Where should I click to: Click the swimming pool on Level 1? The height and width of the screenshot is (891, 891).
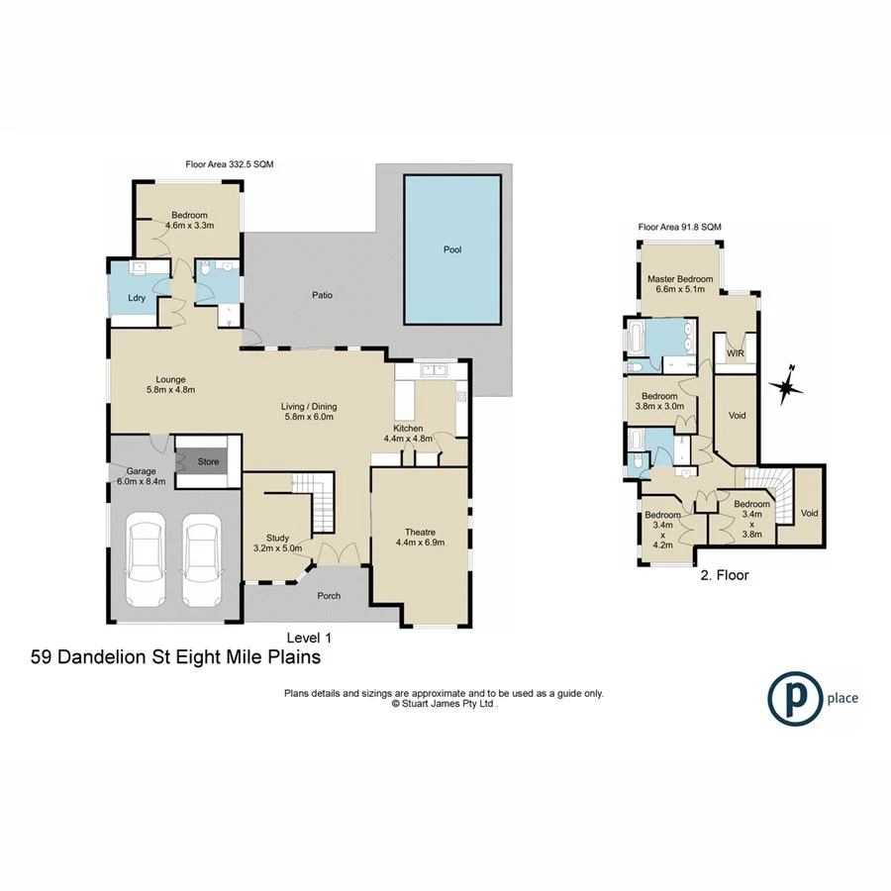click(x=453, y=249)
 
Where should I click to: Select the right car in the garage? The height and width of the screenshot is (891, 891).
click(x=200, y=561)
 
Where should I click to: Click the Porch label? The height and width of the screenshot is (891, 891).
click(x=328, y=596)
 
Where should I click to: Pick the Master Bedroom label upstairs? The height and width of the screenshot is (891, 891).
click(x=680, y=285)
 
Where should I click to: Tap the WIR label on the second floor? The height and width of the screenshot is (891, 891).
click(x=736, y=352)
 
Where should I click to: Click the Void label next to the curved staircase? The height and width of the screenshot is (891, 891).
click(x=809, y=513)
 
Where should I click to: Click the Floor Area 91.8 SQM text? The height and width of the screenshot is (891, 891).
click(x=679, y=227)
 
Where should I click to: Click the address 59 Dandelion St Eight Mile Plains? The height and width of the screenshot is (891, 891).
click(x=176, y=655)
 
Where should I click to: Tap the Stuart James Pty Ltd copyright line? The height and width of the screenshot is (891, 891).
click(x=444, y=704)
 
